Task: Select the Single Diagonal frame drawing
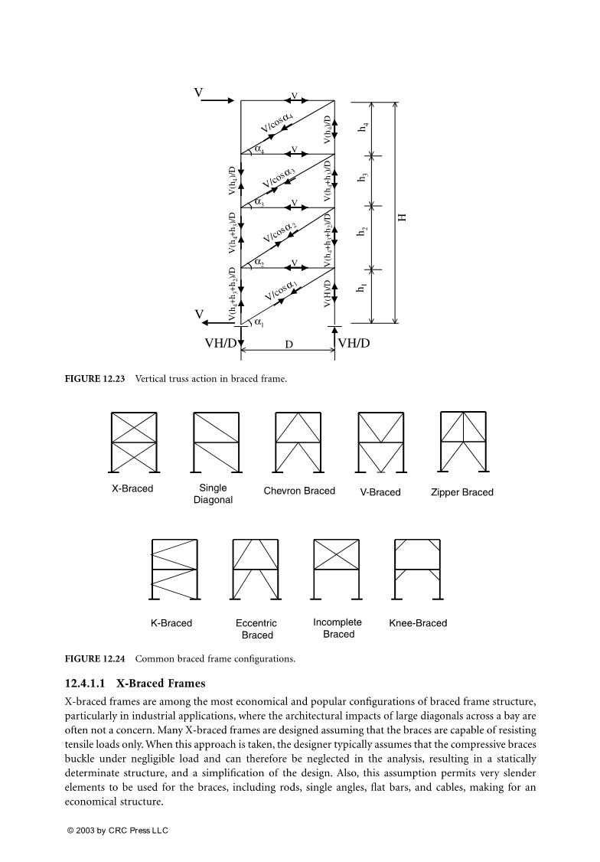pyautogui.click(x=214, y=442)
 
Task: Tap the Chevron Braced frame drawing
pyautogui.click(x=298, y=442)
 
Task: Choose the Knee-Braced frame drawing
pyautogui.click(x=417, y=570)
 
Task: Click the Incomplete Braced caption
pyautogui.click(x=337, y=628)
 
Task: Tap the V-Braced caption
pyautogui.click(x=380, y=492)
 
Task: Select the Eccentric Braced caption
pyautogui.click(x=256, y=629)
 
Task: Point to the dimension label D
pyautogui.click(x=289, y=344)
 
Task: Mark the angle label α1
pyautogui.click(x=258, y=323)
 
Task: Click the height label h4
pyautogui.click(x=362, y=128)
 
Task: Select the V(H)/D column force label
pyautogui.click(x=328, y=293)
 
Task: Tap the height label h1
pyautogui.click(x=362, y=289)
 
